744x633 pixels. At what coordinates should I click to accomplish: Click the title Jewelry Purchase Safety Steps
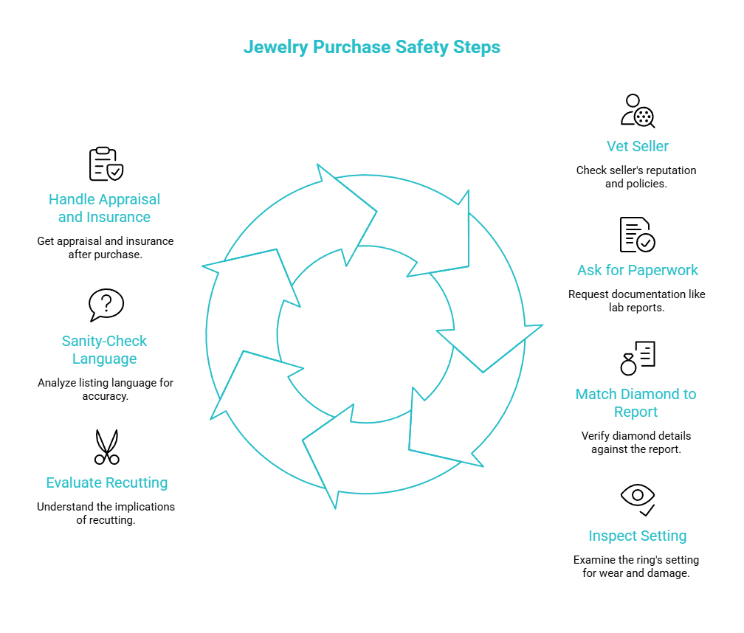click(371, 47)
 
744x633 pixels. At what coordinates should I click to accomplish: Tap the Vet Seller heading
click(637, 146)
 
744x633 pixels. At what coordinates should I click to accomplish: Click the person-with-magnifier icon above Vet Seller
click(638, 111)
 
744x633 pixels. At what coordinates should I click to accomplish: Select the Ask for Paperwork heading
click(637, 270)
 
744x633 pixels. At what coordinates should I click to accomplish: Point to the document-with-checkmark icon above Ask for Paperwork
click(637, 235)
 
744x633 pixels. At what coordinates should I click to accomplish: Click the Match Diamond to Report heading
click(635, 403)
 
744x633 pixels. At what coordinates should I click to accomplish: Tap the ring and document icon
click(637, 358)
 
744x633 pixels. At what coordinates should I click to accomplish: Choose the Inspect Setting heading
click(637, 536)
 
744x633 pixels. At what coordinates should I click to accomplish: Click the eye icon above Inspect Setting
click(638, 499)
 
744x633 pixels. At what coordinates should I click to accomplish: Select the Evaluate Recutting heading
click(107, 482)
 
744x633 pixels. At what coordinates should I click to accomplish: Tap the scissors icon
click(107, 446)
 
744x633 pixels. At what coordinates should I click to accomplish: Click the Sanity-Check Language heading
click(104, 350)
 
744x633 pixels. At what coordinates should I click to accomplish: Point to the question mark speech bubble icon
click(106, 305)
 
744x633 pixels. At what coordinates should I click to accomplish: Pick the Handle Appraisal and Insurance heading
click(104, 208)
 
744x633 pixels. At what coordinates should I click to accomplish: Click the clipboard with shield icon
click(106, 164)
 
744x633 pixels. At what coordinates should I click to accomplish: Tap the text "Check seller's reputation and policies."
click(636, 177)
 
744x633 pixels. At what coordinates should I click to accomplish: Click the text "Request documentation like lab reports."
click(637, 300)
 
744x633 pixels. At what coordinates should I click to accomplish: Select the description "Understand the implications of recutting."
click(106, 513)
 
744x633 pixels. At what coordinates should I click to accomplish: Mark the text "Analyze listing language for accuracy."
click(106, 390)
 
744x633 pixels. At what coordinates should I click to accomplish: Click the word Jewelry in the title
click(276, 47)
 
